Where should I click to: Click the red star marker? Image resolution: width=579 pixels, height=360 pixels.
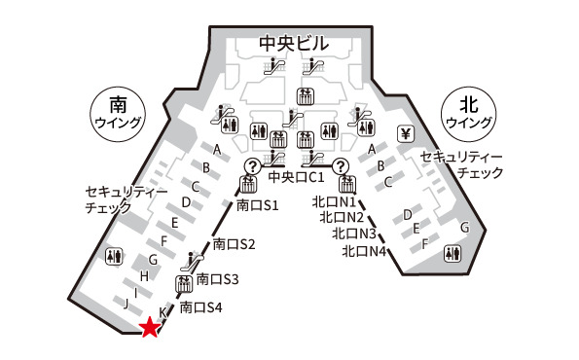point(149,328)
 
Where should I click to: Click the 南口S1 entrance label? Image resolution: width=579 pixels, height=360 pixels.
point(258,205)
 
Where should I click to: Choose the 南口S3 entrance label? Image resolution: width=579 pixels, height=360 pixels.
point(217,279)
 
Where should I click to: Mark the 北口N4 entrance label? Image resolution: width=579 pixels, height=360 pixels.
point(365,251)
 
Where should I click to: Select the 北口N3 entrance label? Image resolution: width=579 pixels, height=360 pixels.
point(354,234)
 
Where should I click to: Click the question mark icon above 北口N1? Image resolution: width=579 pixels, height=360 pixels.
point(341,166)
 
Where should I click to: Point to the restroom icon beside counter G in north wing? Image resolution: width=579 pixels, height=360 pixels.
point(452,252)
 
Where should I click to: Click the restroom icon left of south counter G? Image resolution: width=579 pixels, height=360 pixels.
point(115,255)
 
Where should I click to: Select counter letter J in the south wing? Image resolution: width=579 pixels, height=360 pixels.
point(127,304)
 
